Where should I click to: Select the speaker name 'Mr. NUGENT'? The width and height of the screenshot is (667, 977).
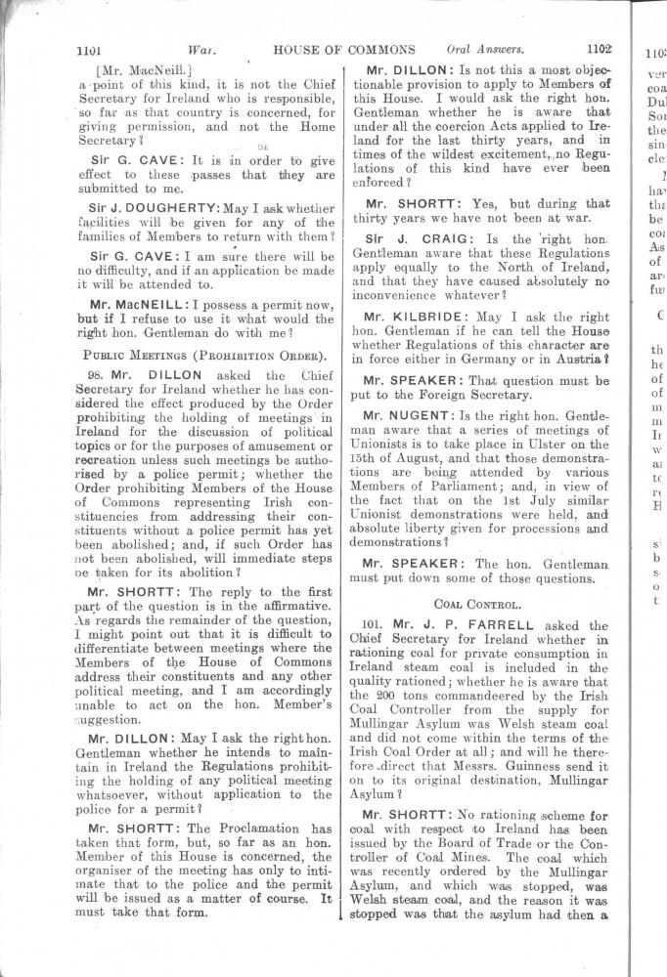410,416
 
